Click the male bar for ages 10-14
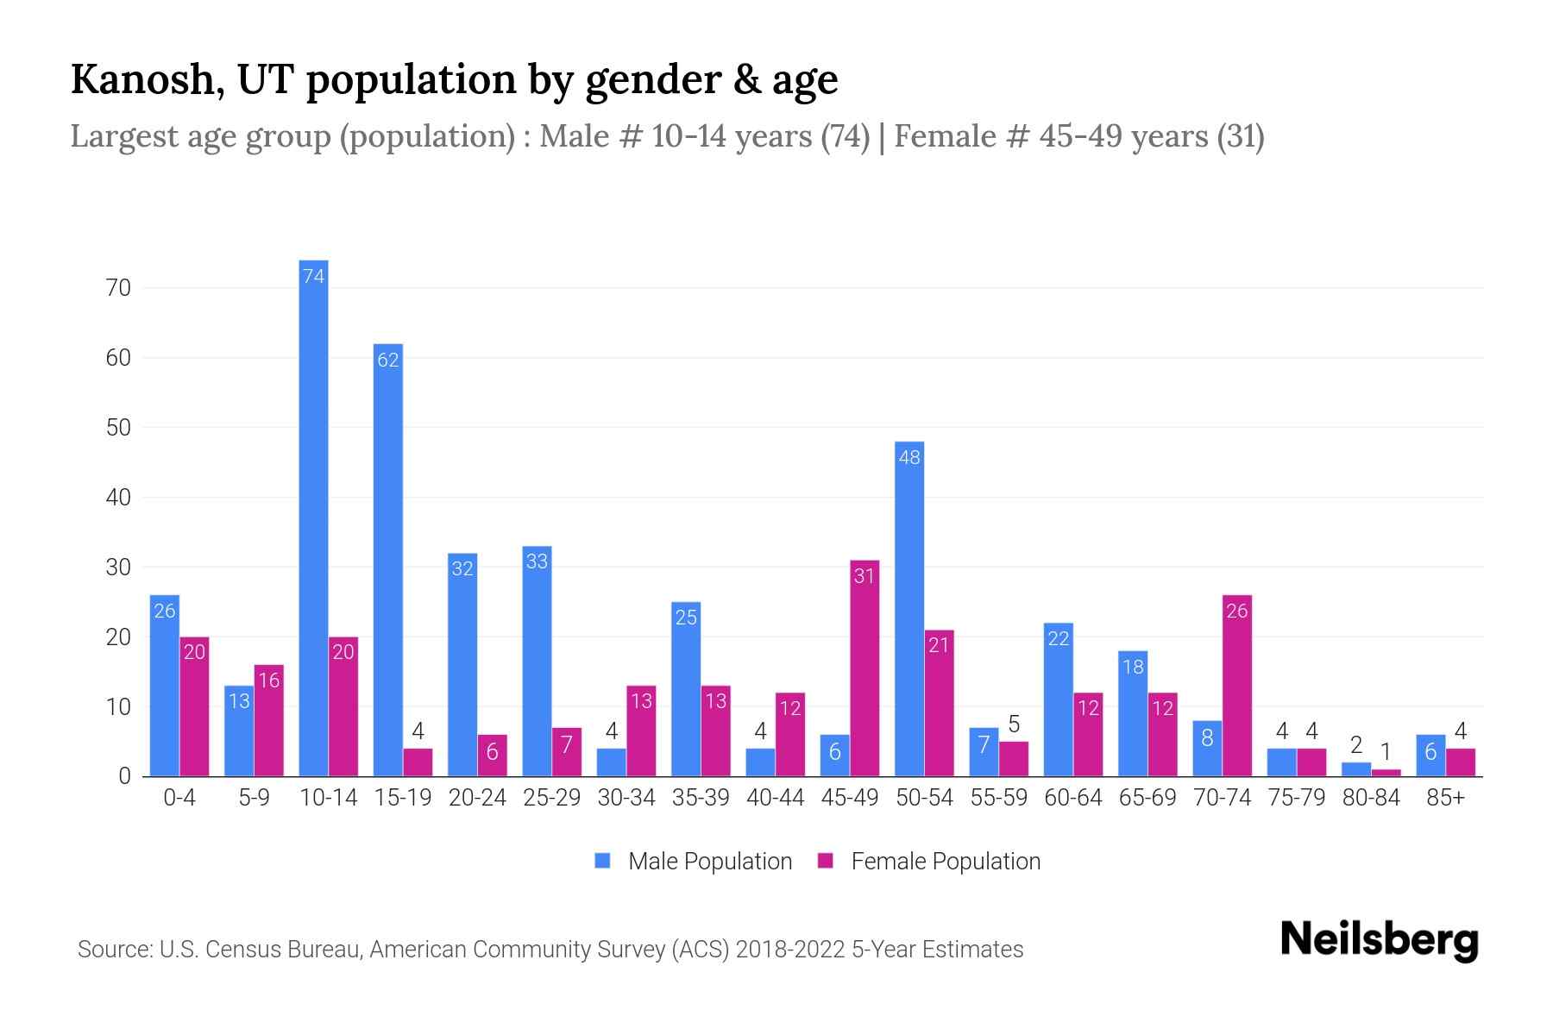(313, 517)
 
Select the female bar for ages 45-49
(865, 668)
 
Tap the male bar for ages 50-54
(909, 609)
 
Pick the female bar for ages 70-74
(1237, 686)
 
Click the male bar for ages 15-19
(388, 561)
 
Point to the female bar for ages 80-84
(1386, 773)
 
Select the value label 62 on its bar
(388, 360)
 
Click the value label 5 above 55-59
(1014, 724)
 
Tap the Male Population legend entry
(694, 862)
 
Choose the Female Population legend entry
(929, 862)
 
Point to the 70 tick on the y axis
(118, 288)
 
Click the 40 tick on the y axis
(118, 498)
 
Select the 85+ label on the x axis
(1445, 798)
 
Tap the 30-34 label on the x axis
(626, 798)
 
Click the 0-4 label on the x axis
(179, 798)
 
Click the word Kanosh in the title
(142, 79)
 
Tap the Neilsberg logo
(1379, 940)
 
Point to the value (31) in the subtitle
(1241, 136)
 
